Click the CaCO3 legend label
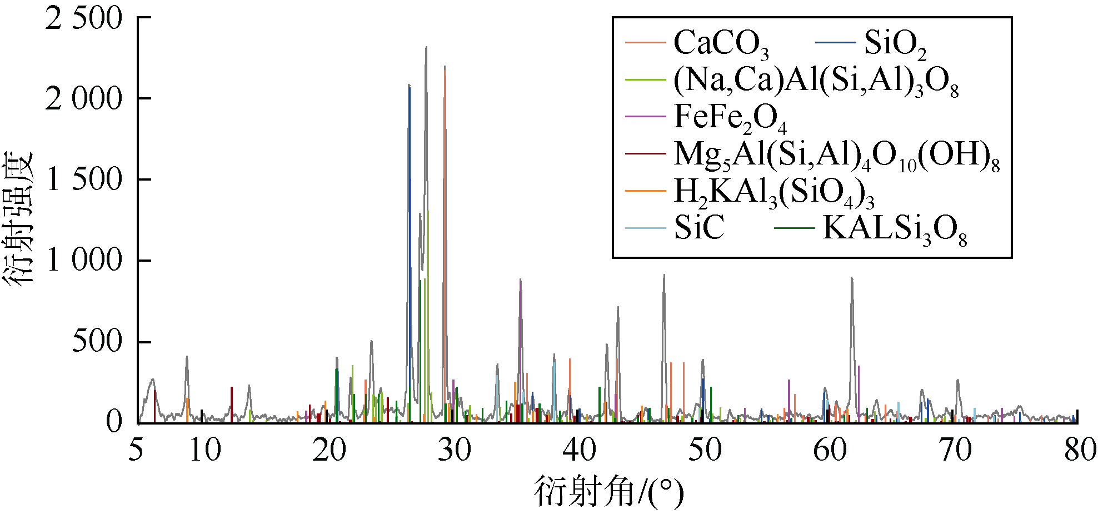pyautogui.click(x=721, y=43)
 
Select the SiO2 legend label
pyautogui.click(x=895, y=43)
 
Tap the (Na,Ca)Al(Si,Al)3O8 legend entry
pyautogui.click(x=816, y=81)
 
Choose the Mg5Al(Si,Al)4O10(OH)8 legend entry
pyautogui.click(x=836, y=155)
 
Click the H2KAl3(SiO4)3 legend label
pyautogui.click(x=774, y=192)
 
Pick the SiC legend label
pyautogui.click(x=699, y=228)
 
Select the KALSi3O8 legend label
pyautogui.click(x=895, y=229)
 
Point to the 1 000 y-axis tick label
pyautogui.click(x=83, y=260)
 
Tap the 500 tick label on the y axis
pyautogui.click(x=97, y=341)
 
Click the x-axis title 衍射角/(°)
pyautogui.click(x=608, y=491)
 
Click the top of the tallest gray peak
pyautogui.click(x=426, y=48)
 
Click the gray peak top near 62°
pyautogui.click(x=851, y=278)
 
